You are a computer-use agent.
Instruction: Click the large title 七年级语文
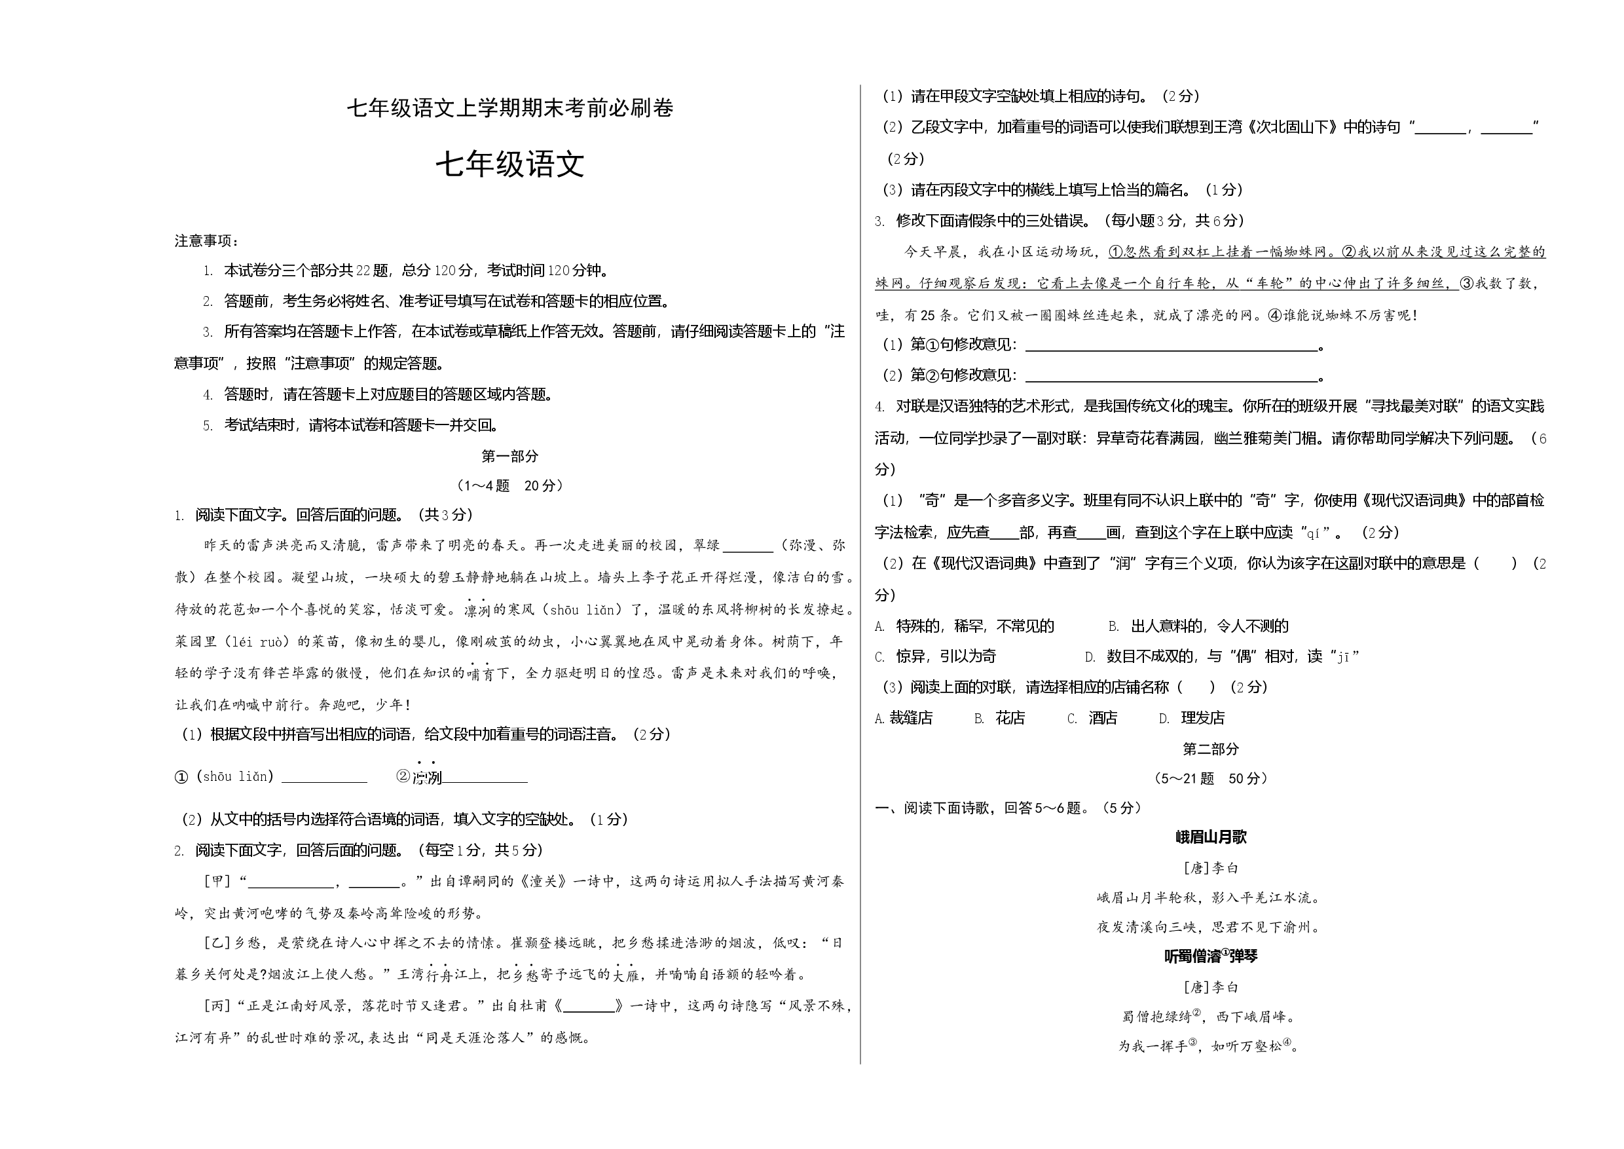click(x=510, y=166)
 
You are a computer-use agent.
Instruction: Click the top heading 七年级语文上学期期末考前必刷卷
click(x=510, y=108)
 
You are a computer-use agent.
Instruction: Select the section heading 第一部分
click(x=510, y=457)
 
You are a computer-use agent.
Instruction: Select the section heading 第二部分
click(x=1211, y=749)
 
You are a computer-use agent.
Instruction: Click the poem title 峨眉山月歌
click(x=1211, y=837)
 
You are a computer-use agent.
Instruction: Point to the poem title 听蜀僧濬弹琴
click(x=1211, y=956)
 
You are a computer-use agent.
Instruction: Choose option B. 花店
click(x=999, y=718)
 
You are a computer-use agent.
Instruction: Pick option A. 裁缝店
click(x=904, y=718)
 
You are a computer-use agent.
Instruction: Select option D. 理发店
click(x=1192, y=718)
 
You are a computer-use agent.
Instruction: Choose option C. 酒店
click(x=1092, y=718)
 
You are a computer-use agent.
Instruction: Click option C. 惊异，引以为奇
click(x=935, y=656)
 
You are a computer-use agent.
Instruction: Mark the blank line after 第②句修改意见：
click(x=1172, y=380)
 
